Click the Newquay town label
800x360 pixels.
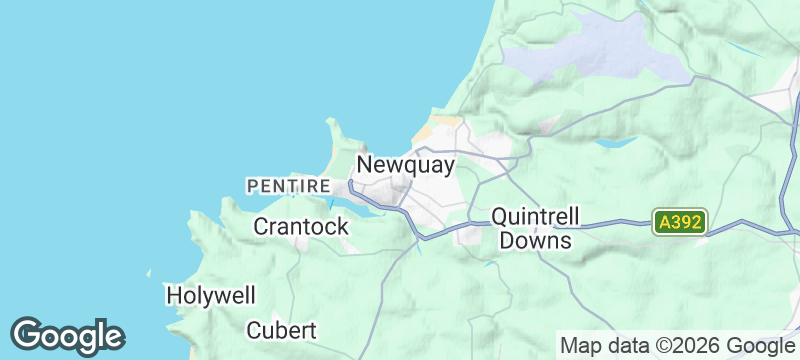(405, 165)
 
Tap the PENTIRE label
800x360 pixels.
(288, 186)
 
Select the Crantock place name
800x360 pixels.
(301, 226)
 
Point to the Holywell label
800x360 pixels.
(211, 295)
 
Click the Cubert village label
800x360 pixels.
(281, 330)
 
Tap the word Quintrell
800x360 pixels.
(535, 217)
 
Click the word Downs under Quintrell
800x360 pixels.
(535, 241)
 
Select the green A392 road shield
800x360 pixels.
(680, 222)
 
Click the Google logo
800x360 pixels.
(68, 336)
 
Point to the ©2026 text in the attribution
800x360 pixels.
(688, 346)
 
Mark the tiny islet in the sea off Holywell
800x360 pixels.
(149, 272)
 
